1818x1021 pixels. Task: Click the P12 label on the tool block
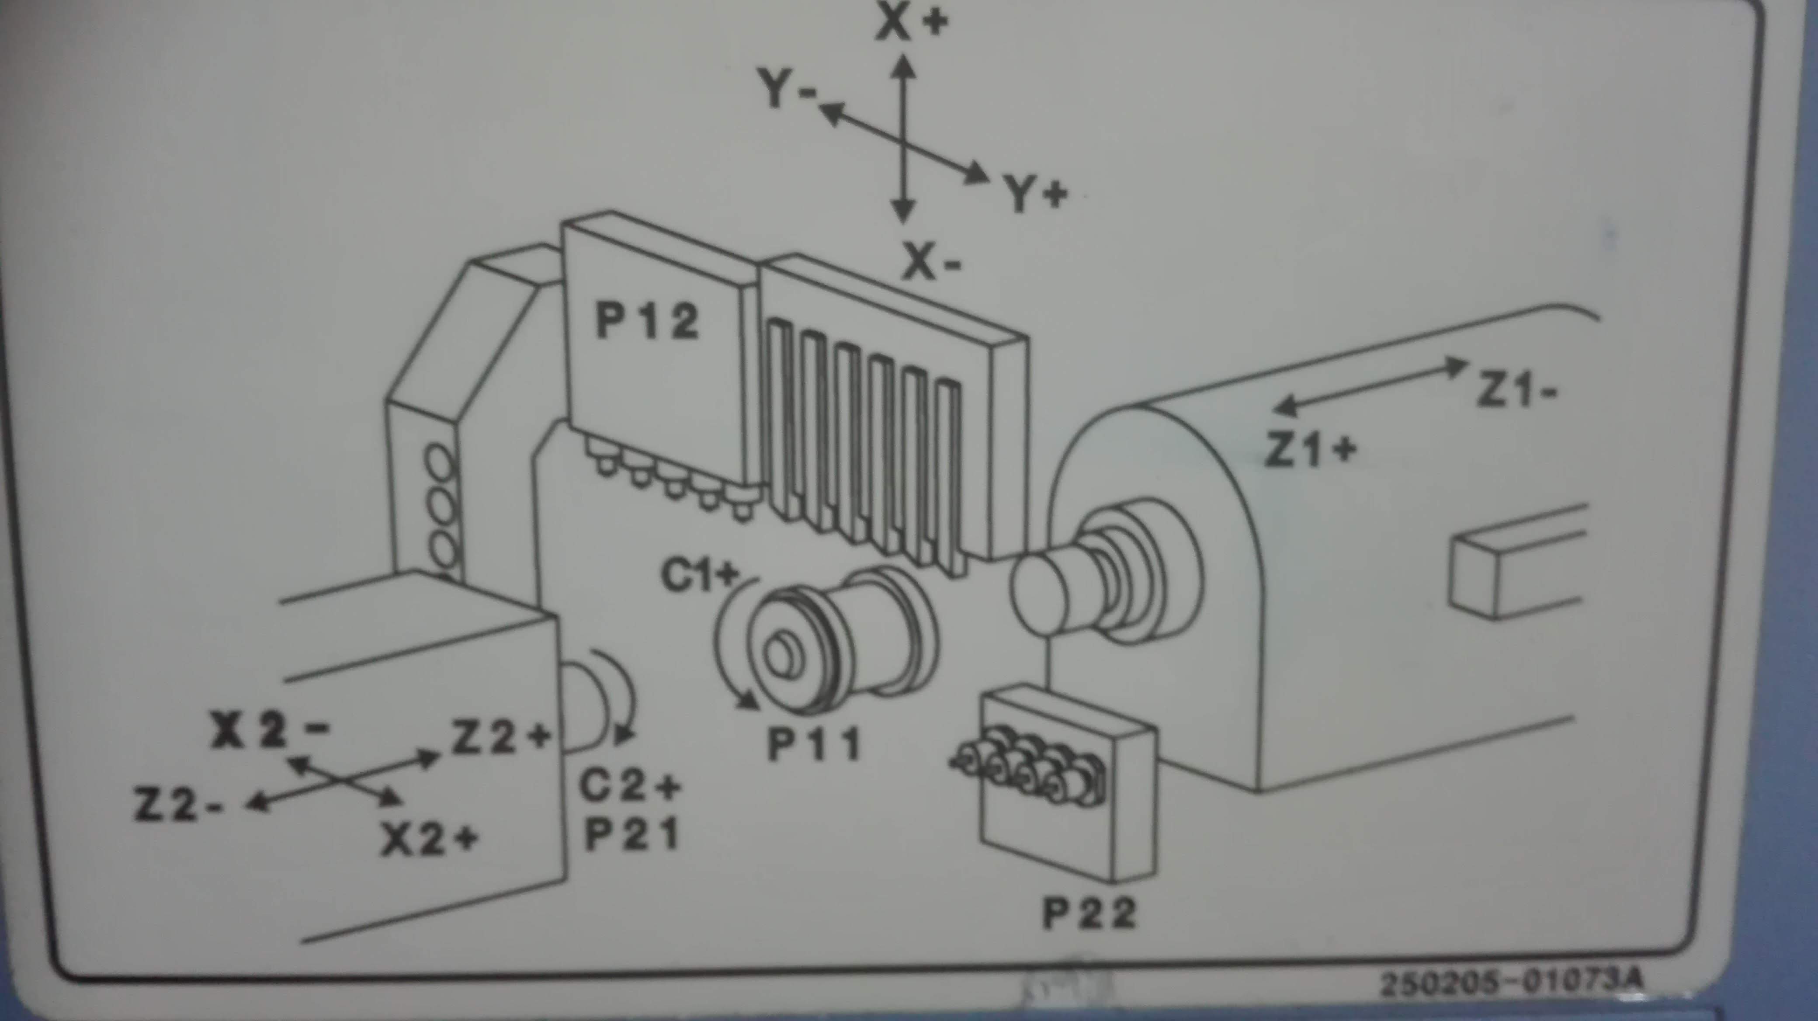click(x=647, y=321)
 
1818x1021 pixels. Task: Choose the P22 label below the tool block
click(x=1089, y=913)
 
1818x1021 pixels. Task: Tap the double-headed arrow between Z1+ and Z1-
click(x=1370, y=385)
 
